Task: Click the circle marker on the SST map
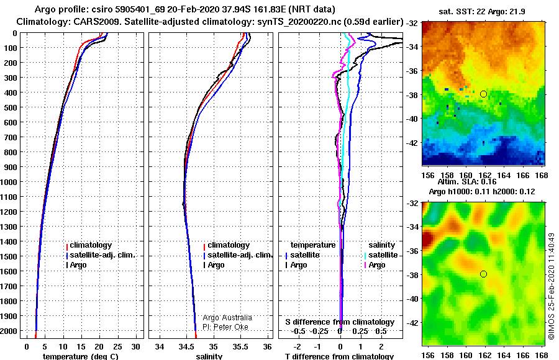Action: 483,94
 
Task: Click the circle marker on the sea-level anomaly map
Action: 483,274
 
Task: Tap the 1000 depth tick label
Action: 8,182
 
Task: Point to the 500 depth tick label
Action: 10,107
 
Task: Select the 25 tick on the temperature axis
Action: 117,347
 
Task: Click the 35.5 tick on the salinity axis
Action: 240,347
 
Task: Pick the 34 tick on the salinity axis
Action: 160,347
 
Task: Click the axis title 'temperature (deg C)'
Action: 80,356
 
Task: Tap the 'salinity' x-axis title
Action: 209,356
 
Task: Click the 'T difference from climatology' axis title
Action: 339,356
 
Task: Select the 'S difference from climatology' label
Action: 340,322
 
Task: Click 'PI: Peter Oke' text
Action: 225,327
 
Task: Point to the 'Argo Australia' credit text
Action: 227,318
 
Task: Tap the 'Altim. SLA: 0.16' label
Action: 467,182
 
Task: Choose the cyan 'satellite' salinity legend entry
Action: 381,255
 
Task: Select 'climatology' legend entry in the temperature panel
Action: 89,245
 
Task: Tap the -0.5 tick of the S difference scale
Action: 298,331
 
